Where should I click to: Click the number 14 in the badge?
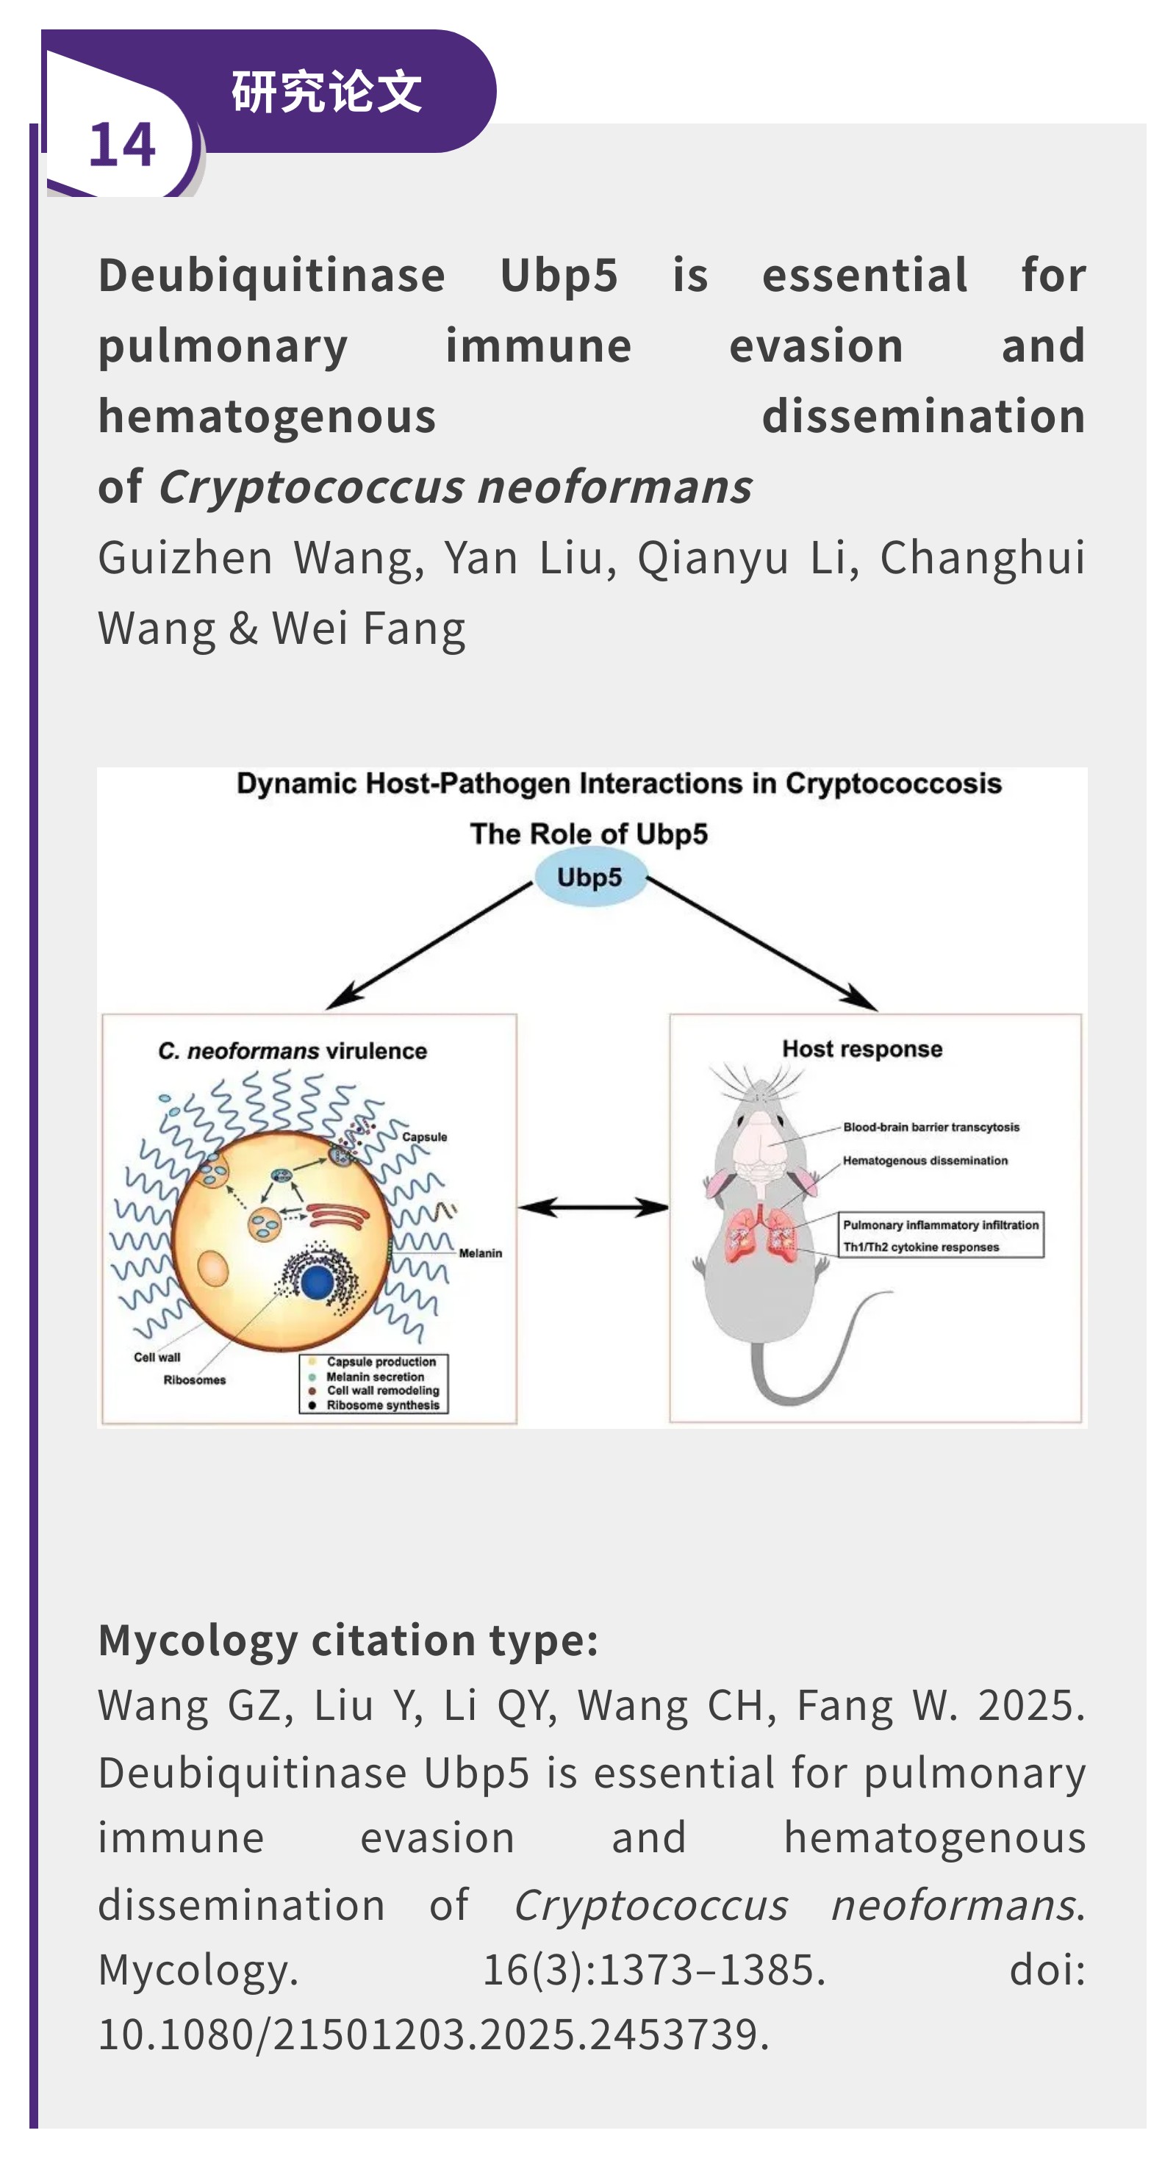point(122,144)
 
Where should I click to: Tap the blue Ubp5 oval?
point(589,877)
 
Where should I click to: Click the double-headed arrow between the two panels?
point(593,1207)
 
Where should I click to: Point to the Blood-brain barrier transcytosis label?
point(931,1127)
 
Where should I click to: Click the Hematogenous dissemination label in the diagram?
point(925,1161)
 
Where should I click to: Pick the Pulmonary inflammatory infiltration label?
point(940,1225)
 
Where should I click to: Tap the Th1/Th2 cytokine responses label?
point(920,1247)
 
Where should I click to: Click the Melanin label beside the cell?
point(480,1252)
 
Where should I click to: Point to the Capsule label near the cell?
point(425,1137)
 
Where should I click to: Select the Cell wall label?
point(157,1357)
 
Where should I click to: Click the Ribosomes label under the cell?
point(194,1380)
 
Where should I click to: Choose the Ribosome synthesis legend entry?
point(382,1405)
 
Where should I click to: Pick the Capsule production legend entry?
point(381,1361)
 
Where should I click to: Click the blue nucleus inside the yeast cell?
point(318,1283)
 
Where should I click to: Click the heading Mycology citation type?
point(348,1639)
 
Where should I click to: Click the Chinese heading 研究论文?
point(326,90)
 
